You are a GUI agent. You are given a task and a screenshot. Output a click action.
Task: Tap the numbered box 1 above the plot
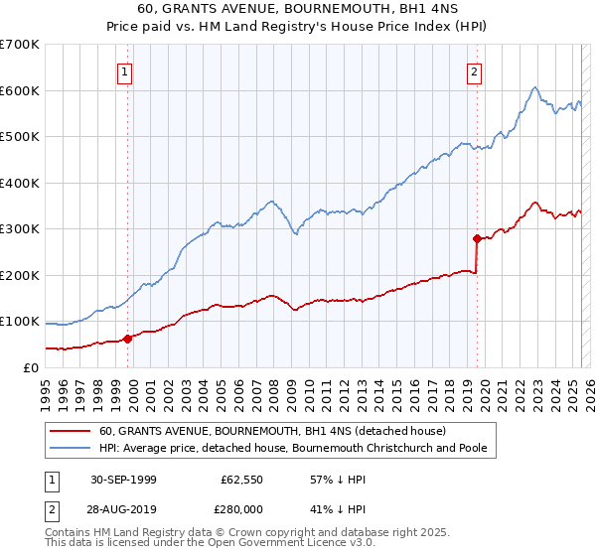pos(125,70)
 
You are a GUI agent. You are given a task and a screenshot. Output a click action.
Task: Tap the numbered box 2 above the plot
pos(475,70)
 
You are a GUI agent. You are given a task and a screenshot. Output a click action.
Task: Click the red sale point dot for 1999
pos(128,339)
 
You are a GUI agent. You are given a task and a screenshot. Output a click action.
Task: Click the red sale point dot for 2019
pos(477,238)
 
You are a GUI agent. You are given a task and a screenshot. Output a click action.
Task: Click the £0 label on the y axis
pos(30,367)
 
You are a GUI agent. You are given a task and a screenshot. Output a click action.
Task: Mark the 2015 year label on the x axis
pos(397,386)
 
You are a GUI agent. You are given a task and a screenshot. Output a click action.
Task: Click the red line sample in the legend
pos(71,431)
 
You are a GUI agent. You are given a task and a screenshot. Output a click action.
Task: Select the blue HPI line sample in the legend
pos(71,449)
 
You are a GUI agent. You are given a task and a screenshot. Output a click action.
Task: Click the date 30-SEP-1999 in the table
pos(123,480)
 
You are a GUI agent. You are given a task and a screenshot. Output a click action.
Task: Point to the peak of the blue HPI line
pos(534,87)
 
